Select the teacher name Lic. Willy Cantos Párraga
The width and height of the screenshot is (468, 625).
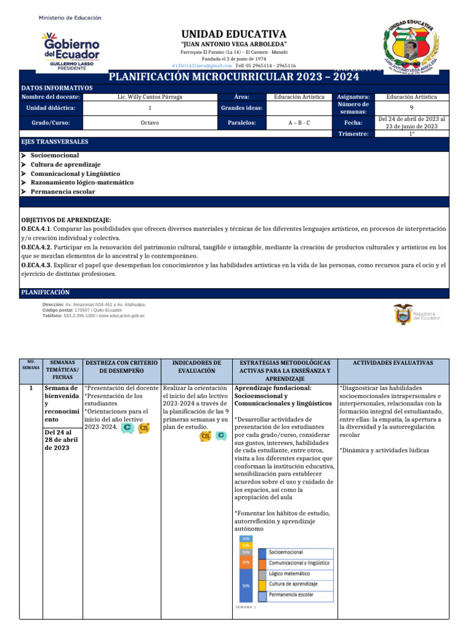pyautogui.click(x=150, y=96)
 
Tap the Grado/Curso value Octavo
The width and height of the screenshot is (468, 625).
pyautogui.click(x=150, y=123)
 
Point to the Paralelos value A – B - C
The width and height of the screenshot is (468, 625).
pyautogui.click(x=299, y=123)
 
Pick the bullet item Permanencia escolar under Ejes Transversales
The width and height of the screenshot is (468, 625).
pyautogui.click(x=63, y=192)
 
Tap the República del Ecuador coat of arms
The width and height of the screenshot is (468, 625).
pyautogui.click(x=403, y=314)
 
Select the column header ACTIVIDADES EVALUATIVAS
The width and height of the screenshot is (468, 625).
pyautogui.click(x=393, y=363)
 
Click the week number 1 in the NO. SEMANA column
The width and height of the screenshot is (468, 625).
pyautogui.click(x=31, y=388)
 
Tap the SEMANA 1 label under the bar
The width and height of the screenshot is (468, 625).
pyautogui.click(x=246, y=607)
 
